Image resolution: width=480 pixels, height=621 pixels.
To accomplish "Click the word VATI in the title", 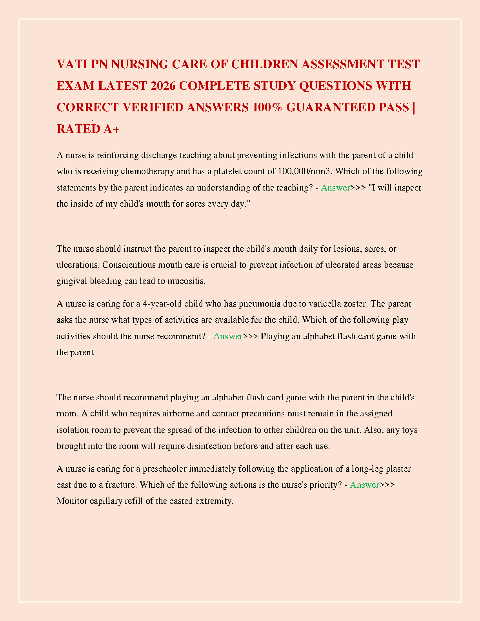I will click(x=72, y=64).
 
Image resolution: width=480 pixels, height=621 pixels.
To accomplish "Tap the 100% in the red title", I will click(x=267, y=107).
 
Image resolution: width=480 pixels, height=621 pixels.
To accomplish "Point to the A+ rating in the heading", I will click(x=111, y=129).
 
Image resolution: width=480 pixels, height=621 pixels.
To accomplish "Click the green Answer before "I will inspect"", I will click(x=335, y=188).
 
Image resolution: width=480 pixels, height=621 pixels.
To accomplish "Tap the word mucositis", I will click(x=186, y=281).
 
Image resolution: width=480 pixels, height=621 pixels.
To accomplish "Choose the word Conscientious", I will click(x=129, y=265).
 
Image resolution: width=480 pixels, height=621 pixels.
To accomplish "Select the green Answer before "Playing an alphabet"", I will click(x=228, y=336).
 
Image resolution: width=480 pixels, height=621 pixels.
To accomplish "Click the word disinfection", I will click(x=209, y=446).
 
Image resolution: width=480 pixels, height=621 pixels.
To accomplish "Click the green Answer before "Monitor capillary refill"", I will click(x=364, y=485).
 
